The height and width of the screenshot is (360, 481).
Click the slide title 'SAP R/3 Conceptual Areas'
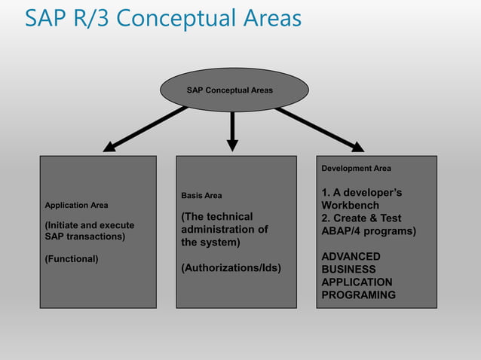[x=163, y=18]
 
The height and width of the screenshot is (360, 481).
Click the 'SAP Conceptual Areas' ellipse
[x=234, y=90]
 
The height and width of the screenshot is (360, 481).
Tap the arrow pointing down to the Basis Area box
[x=233, y=130]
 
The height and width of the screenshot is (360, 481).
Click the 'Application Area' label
[x=77, y=205]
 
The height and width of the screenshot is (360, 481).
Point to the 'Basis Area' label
[x=201, y=196]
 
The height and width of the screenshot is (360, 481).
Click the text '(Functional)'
[x=72, y=259]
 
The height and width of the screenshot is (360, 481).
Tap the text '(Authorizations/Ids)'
[x=231, y=267]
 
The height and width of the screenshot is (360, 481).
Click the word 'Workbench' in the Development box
[x=350, y=206]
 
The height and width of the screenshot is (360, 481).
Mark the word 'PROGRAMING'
[x=358, y=295]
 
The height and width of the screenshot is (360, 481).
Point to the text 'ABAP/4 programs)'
[x=369, y=231]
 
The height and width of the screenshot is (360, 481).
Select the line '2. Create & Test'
[x=361, y=218]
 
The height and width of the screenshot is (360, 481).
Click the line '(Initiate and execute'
[x=90, y=225]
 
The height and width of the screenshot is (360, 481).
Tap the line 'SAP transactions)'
[x=85, y=236]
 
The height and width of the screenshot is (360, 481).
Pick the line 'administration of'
[x=224, y=230]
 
